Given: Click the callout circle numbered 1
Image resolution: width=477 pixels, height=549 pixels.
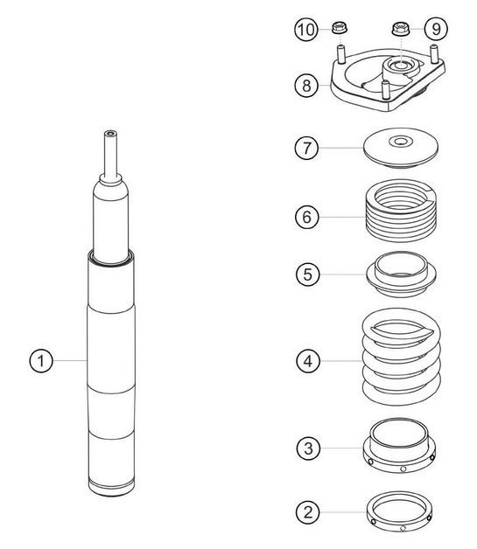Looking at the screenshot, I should (x=38, y=359).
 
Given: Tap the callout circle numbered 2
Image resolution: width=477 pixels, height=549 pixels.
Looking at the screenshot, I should (x=305, y=511).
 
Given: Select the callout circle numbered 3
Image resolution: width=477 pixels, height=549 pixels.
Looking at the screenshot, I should (x=305, y=448).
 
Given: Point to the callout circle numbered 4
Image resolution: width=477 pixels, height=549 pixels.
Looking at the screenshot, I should (x=305, y=359).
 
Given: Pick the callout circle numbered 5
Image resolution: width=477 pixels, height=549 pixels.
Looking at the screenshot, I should (x=305, y=274).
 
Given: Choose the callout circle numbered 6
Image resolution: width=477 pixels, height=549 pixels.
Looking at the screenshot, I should (x=305, y=215).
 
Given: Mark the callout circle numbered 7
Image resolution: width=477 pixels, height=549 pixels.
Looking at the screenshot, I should (x=305, y=148).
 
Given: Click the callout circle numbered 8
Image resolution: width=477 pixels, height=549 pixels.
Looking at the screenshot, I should (x=305, y=86).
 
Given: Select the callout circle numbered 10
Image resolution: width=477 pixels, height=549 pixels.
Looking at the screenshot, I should (x=305, y=30).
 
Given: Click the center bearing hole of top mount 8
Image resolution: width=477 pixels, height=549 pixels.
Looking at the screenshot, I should (x=401, y=66).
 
